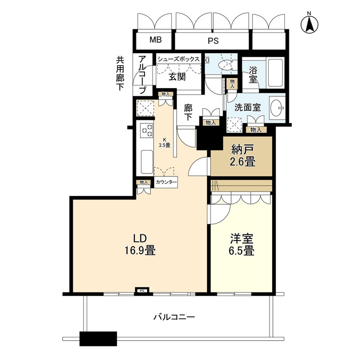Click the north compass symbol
pyautogui.click(x=309, y=23)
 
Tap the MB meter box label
pyautogui.click(x=156, y=40)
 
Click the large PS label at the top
pyautogui.click(x=213, y=41)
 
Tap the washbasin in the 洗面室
pyautogui.click(x=278, y=107)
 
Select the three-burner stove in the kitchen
pyautogui.click(x=147, y=130)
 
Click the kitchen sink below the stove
pyautogui.click(x=147, y=162)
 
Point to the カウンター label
pyautogui.click(x=166, y=182)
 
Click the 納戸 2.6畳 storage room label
pyautogui.click(x=243, y=156)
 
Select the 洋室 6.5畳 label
pyautogui.click(x=242, y=245)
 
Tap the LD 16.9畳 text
pyautogui.click(x=140, y=244)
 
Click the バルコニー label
pyautogui.click(x=174, y=317)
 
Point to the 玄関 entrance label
pyautogui.click(x=177, y=76)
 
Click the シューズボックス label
pyautogui.click(x=178, y=59)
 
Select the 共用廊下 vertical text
pyautogui.click(x=120, y=73)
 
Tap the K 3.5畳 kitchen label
pyautogui.click(x=165, y=142)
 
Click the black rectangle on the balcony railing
pyautogui.click(x=98, y=339)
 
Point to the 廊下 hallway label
pyautogui.click(x=188, y=112)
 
